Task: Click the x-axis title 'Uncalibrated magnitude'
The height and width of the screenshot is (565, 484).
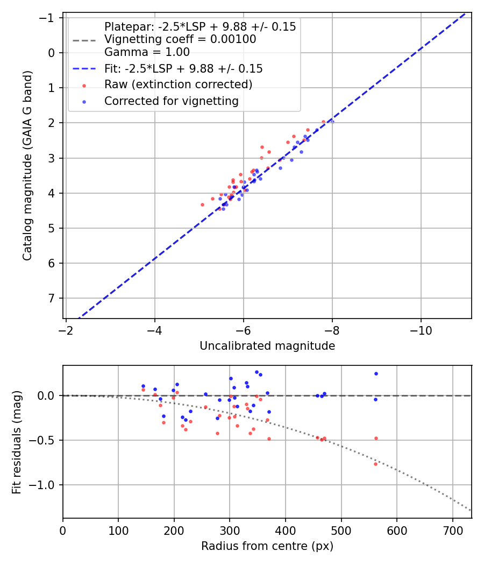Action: pos(267,346)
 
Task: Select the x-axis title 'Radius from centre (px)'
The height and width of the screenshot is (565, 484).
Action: pos(267,546)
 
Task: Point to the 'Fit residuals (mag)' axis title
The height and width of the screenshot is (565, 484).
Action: pos(17,442)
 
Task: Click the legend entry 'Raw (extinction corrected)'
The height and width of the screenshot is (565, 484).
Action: pos(178,84)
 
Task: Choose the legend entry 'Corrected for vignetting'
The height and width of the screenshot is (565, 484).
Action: pos(172,101)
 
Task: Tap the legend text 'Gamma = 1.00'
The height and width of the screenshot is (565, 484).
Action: pos(147,52)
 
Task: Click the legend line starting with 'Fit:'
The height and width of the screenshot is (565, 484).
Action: pos(183,69)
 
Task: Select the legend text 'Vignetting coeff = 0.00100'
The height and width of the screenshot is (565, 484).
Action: pos(180,39)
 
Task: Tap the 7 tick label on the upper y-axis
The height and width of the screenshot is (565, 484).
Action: pos(52,298)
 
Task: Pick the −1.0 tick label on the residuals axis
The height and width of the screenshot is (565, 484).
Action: pos(45,485)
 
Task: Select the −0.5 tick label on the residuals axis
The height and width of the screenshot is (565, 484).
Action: pos(45,440)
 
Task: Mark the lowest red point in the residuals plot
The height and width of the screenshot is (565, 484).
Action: pos(375,464)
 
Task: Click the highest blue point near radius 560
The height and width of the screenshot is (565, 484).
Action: pos(376,373)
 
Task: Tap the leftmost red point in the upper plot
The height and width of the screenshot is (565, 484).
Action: pos(202,204)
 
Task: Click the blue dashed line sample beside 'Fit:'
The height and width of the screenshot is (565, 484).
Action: pos(84,69)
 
